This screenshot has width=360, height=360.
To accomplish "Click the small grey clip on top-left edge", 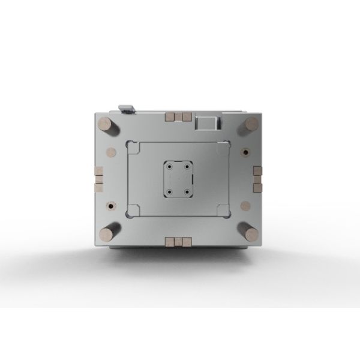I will pyautogui.click(x=127, y=108).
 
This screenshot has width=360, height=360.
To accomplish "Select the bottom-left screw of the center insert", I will pyautogui.click(x=170, y=191).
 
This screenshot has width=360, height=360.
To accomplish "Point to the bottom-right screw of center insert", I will pyautogui.click(x=188, y=191).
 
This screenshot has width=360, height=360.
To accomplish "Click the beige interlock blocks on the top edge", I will pyautogui.click(x=178, y=116).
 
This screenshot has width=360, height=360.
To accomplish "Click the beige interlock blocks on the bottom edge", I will pyautogui.click(x=178, y=241).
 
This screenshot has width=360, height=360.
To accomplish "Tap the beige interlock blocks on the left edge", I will pyautogui.click(x=98, y=179).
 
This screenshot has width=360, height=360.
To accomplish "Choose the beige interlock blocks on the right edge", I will pyautogui.click(x=257, y=179).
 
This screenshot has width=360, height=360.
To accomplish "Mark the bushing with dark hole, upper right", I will pyautogui.click(x=245, y=151).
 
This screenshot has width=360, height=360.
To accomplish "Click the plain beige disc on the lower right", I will pyautogui.click(x=245, y=205).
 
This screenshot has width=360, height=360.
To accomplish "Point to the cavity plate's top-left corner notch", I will pyautogui.click(x=132, y=146).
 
